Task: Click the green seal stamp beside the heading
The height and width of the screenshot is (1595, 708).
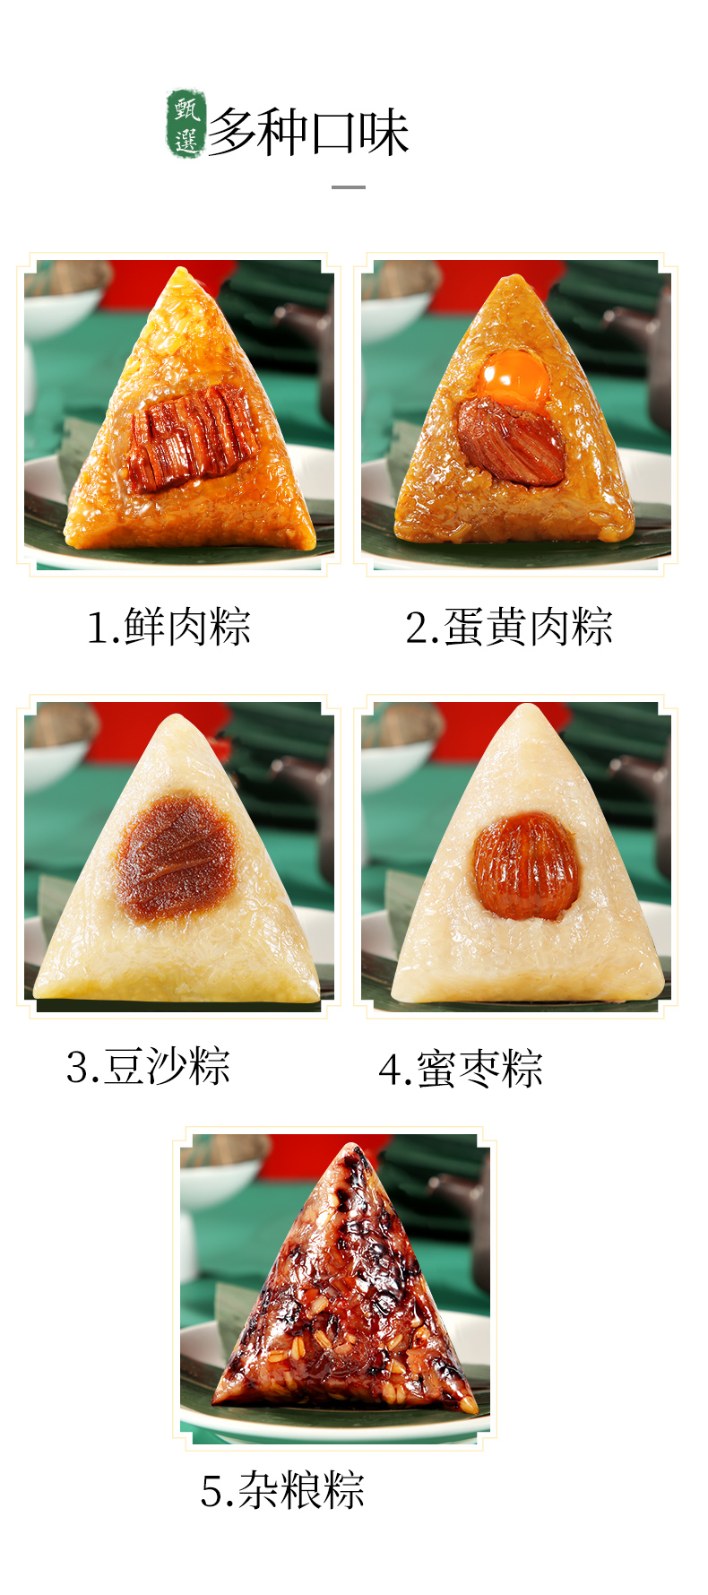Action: click(186, 124)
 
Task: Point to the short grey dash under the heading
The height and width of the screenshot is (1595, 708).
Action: click(349, 187)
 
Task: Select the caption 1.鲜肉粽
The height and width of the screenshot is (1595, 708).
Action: click(168, 627)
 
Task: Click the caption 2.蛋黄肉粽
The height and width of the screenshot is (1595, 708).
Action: click(509, 627)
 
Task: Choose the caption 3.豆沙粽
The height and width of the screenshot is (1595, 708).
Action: click(148, 1067)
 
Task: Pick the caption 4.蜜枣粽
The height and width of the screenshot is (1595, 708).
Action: click(461, 1069)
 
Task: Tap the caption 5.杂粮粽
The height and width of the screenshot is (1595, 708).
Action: click(282, 1490)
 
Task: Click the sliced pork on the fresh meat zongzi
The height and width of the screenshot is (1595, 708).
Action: click(194, 438)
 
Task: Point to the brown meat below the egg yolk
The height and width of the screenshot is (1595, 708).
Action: click(512, 441)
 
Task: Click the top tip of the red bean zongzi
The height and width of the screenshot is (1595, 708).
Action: click(178, 716)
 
